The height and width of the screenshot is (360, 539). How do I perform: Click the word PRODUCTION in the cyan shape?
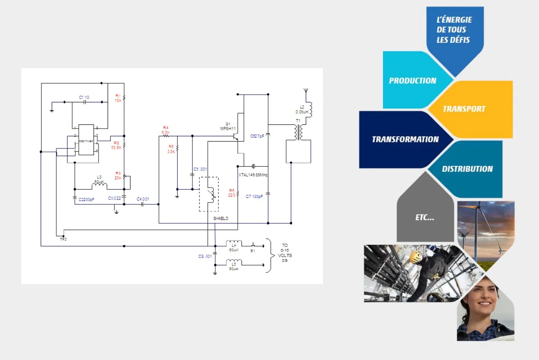click(412, 81)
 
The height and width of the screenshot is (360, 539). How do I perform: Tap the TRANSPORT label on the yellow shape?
click(464, 109)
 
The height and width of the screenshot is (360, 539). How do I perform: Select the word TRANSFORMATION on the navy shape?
click(405, 139)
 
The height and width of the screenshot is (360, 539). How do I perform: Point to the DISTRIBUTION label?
click(467, 169)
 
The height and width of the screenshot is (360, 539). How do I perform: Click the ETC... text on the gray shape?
click(425, 218)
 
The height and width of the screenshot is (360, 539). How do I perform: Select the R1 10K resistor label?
click(118, 98)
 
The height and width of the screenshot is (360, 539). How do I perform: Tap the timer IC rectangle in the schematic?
click(86, 140)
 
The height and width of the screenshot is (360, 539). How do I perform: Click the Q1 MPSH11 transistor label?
click(228, 126)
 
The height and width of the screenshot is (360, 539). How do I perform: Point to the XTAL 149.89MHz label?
click(253, 175)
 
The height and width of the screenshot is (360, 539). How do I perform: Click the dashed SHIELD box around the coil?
click(209, 194)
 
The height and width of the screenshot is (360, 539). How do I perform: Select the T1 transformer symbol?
click(298, 132)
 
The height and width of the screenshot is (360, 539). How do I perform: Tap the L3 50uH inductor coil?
click(99, 186)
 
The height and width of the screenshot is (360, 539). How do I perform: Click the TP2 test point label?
click(63, 239)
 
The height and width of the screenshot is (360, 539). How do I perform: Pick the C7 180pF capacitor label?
click(254, 197)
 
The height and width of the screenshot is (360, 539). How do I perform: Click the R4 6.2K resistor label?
click(165, 130)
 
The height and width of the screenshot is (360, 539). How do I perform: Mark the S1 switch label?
click(253, 251)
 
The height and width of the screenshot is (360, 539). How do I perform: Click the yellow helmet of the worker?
click(414, 258)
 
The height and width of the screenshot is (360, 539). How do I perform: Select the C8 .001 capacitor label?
click(205, 256)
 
